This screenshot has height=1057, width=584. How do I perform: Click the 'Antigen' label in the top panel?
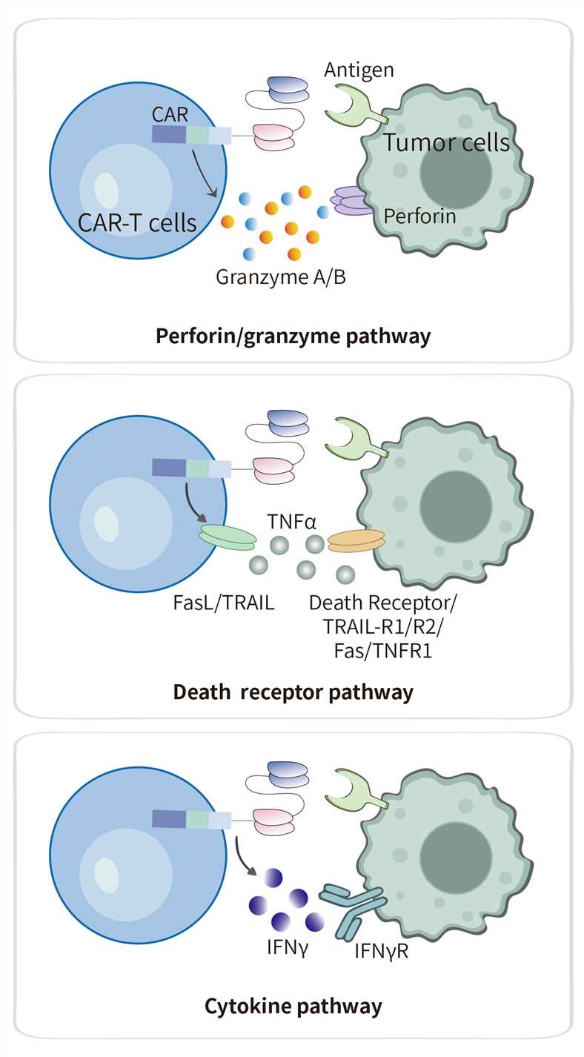[359, 70]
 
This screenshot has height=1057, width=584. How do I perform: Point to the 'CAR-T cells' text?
[139, 221]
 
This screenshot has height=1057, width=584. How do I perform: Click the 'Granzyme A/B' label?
[281, 277]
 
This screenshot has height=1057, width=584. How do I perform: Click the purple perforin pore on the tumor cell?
[353, 201]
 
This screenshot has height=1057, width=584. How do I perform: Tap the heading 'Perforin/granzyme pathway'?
[293, 336]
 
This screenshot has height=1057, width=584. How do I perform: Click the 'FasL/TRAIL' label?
[222, 602]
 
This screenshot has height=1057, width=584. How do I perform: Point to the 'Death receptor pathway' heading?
[293, 692]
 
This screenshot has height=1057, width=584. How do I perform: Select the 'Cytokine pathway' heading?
[293, 1006]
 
